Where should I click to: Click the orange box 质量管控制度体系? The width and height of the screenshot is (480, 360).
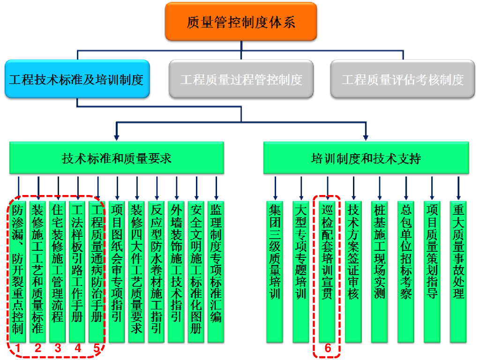pos(241,22)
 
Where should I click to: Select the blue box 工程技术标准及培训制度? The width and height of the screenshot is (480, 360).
pos(77,79)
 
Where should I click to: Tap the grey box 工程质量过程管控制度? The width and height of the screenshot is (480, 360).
pos(241,79)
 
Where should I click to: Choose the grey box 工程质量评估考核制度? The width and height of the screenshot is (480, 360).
pos(403,79)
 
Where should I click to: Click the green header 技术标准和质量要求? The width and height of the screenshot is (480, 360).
pos(117,158)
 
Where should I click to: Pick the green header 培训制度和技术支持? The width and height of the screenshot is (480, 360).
pos(366,158)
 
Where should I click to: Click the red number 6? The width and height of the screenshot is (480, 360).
pos(328,348)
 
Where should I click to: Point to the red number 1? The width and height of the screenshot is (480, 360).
pos(18,348)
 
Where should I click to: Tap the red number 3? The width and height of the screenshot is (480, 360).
pos(58,348)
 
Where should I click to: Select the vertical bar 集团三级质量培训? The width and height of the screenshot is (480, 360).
pos(275,271)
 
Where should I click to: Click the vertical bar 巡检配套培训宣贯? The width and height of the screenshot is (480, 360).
pos(327,271)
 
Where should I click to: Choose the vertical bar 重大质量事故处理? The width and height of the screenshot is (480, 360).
pos(458,271)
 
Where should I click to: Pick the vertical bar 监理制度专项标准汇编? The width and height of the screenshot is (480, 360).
pos(216,271)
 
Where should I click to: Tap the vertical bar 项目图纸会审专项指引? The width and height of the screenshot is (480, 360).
pos(117,271)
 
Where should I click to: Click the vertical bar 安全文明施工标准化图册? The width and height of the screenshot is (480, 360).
pos(196,271)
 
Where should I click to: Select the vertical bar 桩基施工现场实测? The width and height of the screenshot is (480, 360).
pos(379,271)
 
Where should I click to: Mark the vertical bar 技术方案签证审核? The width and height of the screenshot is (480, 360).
pos(353,271)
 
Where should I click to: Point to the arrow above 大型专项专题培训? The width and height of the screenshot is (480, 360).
pos(301,188)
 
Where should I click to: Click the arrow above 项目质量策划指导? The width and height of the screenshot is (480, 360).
pos(432,188)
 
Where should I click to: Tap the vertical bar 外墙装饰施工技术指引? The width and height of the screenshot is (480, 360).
pos(176,271)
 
